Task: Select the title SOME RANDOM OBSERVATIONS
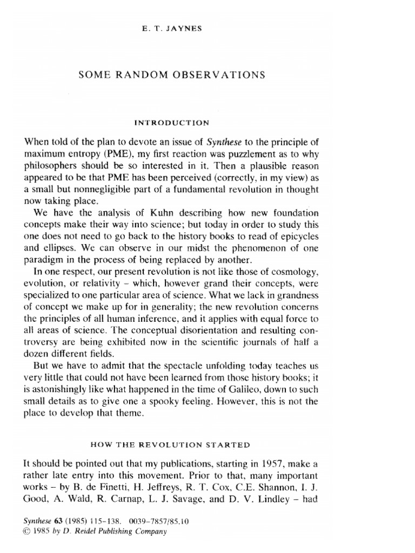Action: [x=172, y=75]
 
